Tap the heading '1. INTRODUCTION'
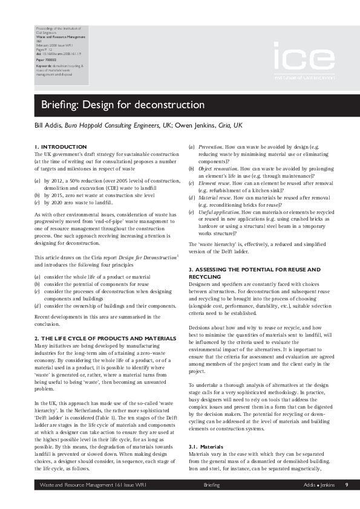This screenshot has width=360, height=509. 61,147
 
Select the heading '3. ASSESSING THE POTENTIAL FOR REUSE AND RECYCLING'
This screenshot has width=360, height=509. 263,272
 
